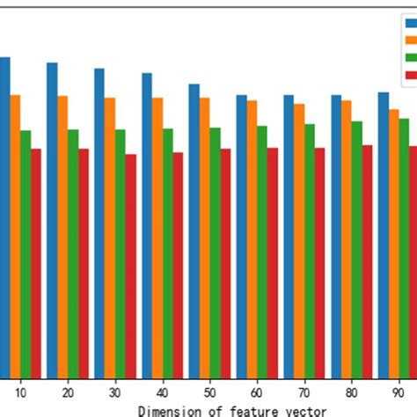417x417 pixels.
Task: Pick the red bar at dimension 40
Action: click(x=178, y=263)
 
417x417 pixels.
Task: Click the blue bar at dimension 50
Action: click(x=194, y=229)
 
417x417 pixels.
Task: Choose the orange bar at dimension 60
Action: click(x=252, y=237)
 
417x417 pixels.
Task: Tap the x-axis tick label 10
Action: click(x=20, y=390)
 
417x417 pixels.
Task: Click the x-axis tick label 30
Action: click(x=115, y=390)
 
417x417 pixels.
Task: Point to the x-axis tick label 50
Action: click(x=210, y=390)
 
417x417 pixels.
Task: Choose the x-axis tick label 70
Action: click(x=304, y=390)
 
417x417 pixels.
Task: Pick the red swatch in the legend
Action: click(x=410, y=77)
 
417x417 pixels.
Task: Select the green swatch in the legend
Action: click(x=410, y=59)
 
